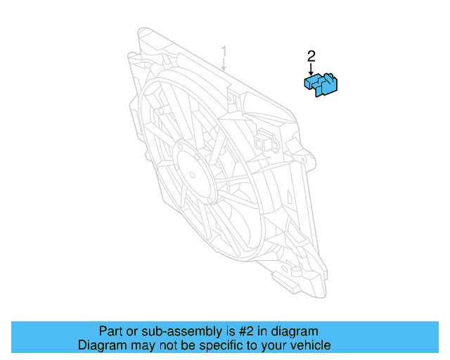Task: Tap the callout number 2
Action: pos(311,56)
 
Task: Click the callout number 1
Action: pos(224,51)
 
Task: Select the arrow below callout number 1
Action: pos(224,65)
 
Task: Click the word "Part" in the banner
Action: pos(110,331)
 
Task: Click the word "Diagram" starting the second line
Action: pos(101,345)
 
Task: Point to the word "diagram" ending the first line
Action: pos(295,331)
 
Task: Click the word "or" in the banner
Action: pos(131,331)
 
